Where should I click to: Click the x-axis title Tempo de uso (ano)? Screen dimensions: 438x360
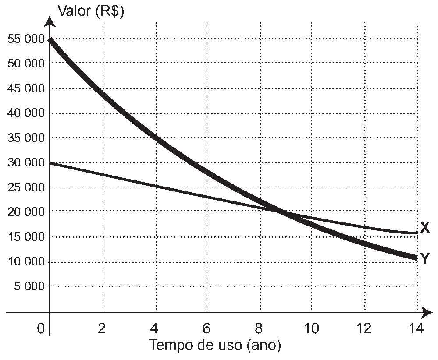pos(215,345)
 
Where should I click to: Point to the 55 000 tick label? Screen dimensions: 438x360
pos(26,39)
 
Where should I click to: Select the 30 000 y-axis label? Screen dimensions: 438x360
pos(26,162)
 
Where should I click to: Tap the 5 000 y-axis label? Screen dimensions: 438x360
pos(29,286)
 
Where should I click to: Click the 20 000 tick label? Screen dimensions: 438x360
pos(26,212)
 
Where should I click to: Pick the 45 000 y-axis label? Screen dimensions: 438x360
pos(26,88)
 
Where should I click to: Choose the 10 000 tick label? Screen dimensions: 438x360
pos(26,261)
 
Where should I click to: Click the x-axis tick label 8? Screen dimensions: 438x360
pos(259,328)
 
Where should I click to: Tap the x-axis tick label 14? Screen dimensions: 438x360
pos(416,328)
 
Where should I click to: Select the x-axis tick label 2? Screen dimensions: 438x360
pos(102,328)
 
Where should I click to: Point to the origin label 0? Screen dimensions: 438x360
pos(41,328)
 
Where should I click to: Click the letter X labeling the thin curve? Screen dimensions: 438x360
pos(424,228)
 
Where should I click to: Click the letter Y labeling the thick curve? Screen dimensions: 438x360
pos(424,258)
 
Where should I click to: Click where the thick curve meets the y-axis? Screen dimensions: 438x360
pos(50,40)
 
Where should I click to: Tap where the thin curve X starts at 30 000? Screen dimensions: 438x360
pos(50,162)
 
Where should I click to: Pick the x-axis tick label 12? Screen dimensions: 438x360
pos(364,328)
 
